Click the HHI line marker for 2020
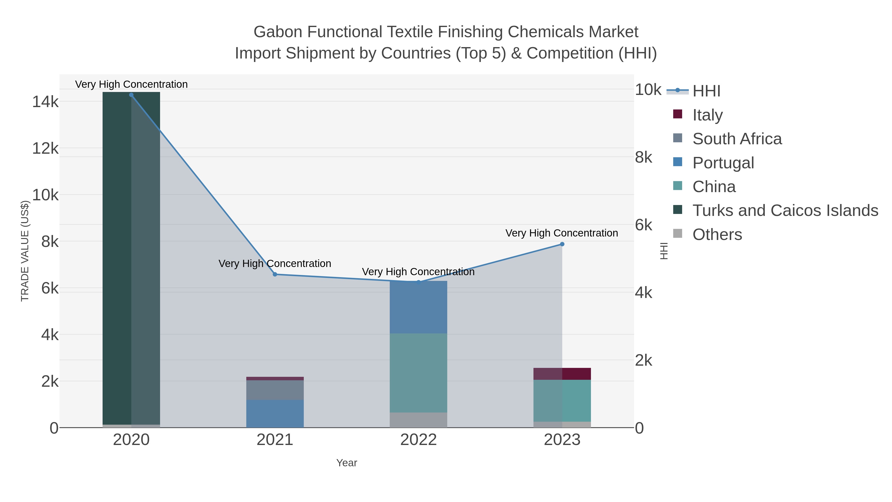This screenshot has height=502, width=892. coord(131,95)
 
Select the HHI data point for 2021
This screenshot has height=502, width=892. coord(275,274)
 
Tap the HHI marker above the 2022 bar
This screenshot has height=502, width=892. coord(418,282)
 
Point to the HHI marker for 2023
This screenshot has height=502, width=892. coord(562,244)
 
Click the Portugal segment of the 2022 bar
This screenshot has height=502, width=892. coord(418,308)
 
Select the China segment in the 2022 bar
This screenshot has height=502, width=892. coord(418,373)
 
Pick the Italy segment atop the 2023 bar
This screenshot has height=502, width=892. coord(562,374)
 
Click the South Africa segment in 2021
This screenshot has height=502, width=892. coord(275,390)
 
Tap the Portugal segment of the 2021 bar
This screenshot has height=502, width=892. coord(275,414)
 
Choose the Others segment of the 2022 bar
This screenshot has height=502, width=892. coord(418,420)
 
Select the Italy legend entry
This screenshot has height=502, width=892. coord(707,115)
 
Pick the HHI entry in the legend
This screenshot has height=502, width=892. coord(706,91)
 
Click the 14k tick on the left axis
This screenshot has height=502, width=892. coord(45,102)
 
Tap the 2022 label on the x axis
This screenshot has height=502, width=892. coord(418,440)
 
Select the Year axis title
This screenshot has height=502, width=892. coord(347,463)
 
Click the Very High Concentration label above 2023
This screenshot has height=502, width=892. coord(562,233)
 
